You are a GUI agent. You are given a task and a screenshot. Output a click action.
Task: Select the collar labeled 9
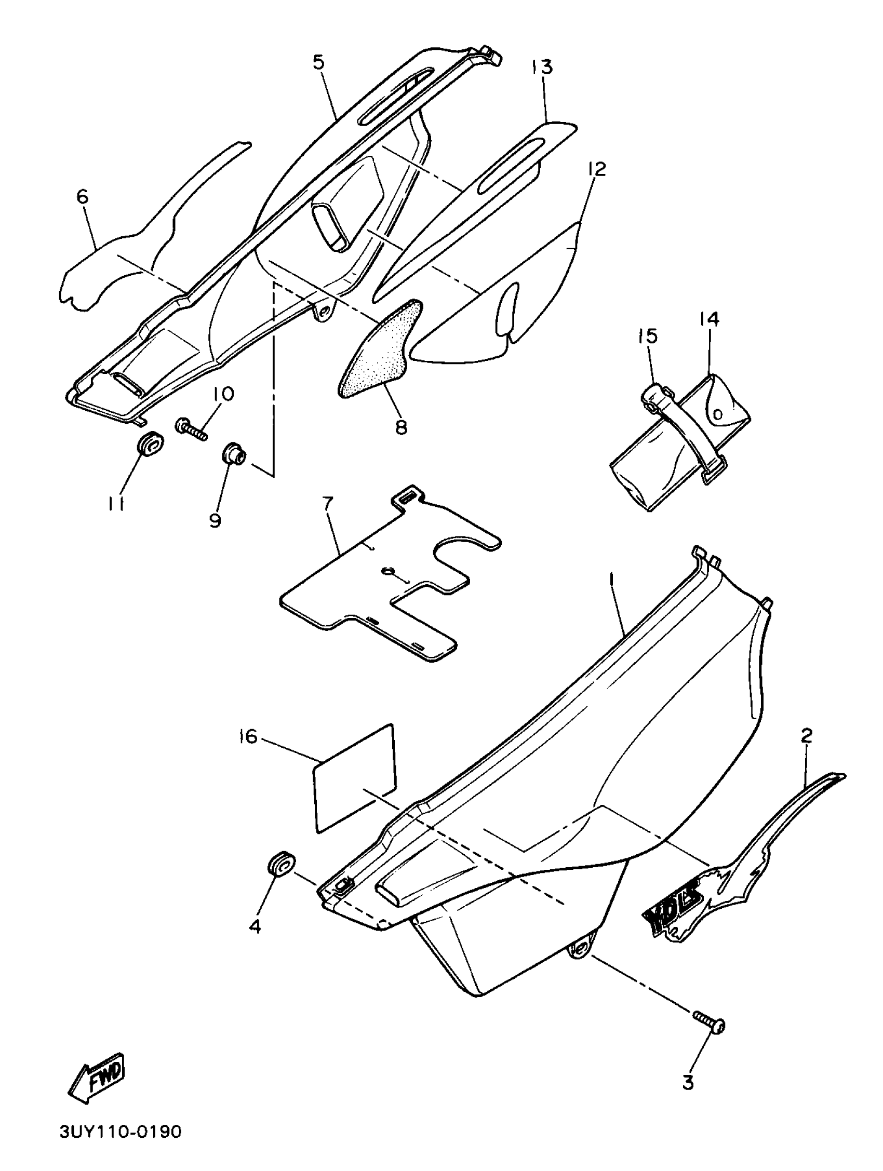(233, 455)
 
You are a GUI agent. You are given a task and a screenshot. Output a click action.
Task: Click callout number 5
(318, 62)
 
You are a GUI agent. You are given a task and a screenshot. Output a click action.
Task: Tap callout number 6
(83, 196)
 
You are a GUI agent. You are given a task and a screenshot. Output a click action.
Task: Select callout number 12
(596, 169)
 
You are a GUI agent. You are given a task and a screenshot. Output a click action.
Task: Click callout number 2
(806, 735)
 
